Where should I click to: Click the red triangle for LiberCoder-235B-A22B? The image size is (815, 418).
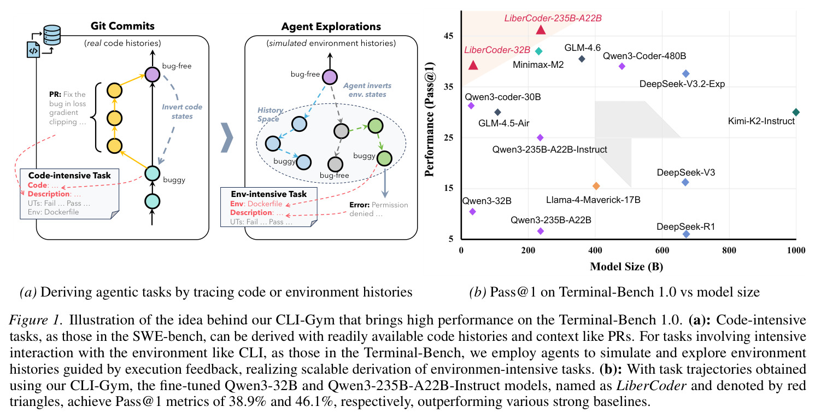(x=541, y=30)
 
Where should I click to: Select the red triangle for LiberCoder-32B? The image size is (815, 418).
(x=473, y=65)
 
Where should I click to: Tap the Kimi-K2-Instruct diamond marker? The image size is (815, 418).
(x=796, y=112)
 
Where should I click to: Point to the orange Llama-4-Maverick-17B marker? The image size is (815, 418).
(x=596, y=186)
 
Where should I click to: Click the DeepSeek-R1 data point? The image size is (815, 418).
(x=686, y=234)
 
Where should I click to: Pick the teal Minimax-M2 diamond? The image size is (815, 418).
(x=539, y=51)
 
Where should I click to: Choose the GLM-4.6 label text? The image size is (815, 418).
(x=582, y=48)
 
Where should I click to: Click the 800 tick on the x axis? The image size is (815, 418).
(x=729, y=251)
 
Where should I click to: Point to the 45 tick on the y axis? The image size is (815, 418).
(x=449, y=36)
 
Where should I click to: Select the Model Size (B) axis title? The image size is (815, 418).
(x=626, y=267)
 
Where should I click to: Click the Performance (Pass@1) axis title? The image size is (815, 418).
(x=430, y=119)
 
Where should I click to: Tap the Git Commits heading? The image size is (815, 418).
(x=122, y=26)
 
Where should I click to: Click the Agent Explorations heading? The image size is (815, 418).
(x=331, y=27)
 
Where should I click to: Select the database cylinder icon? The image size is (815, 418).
(x=52, y=35)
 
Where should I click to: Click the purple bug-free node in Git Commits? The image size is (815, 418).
(x=153, y=74)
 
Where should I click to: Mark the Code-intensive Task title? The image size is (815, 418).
(x=69, y=176)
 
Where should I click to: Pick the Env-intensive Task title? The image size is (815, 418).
(x=269, y=194)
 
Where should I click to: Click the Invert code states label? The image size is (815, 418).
(x=182, y=112)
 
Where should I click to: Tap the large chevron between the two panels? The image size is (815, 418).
(x=227, y=138)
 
